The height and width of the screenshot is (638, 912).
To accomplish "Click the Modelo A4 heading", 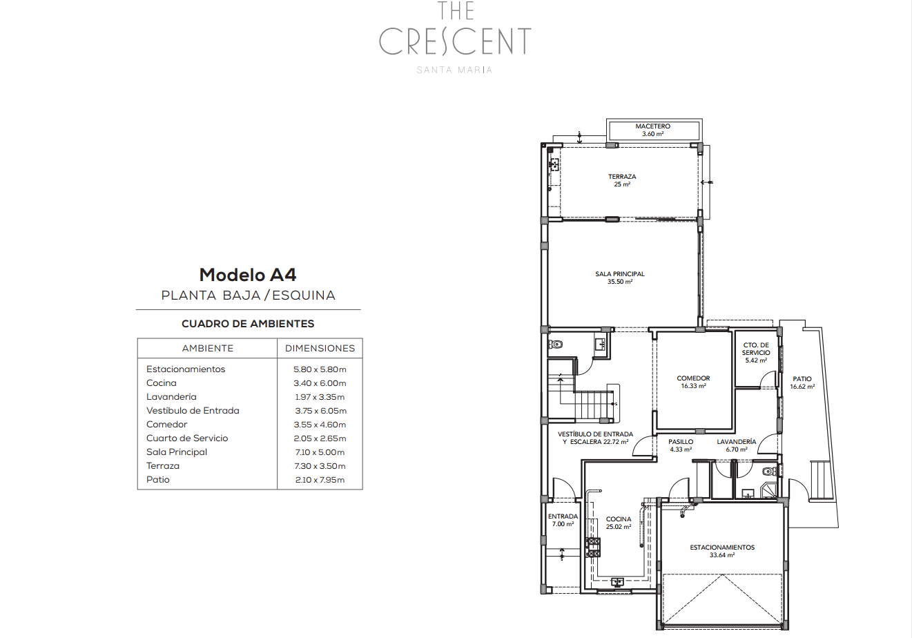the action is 248,275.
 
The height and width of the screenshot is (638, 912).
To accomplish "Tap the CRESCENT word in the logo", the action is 455,41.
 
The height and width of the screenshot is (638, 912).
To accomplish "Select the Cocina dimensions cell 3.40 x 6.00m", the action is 320,383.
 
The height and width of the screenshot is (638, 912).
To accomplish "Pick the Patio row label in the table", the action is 158,480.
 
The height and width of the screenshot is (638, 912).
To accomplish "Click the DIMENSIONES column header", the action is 320,349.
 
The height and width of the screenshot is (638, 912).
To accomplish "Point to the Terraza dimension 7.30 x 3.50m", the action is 320,466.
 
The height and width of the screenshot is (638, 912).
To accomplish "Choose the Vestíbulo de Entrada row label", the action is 193,410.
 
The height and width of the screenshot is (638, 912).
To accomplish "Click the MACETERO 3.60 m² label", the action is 652,130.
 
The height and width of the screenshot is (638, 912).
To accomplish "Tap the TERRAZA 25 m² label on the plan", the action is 622,180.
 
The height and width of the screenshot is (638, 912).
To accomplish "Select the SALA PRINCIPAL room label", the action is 620,278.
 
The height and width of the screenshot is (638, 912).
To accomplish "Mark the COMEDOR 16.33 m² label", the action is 693,382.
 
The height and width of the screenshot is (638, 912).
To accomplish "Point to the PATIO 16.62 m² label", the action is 802,383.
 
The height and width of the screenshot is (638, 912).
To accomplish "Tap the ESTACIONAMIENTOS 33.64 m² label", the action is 722,551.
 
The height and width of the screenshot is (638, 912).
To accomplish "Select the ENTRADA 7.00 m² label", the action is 563,521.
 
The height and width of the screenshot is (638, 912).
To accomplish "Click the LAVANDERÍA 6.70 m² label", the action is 737,445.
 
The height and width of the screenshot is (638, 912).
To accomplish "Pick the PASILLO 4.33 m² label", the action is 681,445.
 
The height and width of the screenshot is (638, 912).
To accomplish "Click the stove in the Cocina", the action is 593,548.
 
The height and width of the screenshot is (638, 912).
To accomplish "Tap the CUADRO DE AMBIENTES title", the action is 248,324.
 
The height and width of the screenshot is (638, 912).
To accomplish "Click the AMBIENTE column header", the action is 208,349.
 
